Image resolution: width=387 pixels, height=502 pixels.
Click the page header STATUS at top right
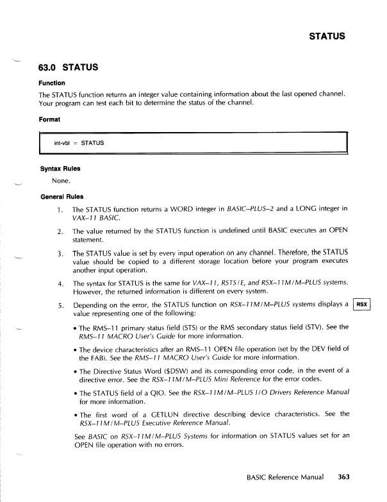pyautogui.click(x=327, y=36)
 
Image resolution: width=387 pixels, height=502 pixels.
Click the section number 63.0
pyautogui.click(x=51, y=67)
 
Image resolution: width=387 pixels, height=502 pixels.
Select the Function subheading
pyautogui.click(x=53, y=83)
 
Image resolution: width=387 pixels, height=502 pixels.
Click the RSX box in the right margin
pyautogui.click(x=363, y=305)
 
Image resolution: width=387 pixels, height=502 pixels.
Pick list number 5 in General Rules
pyautogui.click(x=59, y=305)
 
